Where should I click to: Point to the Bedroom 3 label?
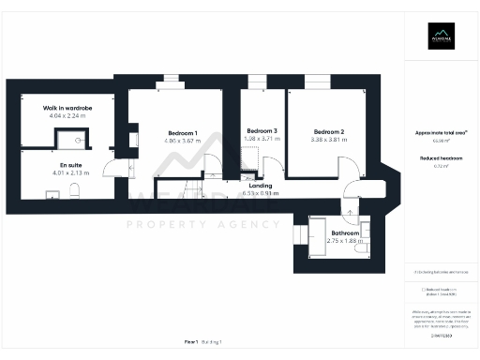tap(262, 130)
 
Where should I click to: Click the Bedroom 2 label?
tap(330, 131)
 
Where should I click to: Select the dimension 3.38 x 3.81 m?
tap(330, 140)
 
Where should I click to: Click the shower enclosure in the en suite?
tap(68, 140)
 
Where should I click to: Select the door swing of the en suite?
tap(111, 173)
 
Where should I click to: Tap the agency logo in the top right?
tap(441, 38)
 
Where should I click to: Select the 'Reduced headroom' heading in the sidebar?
tap(441, 158)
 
